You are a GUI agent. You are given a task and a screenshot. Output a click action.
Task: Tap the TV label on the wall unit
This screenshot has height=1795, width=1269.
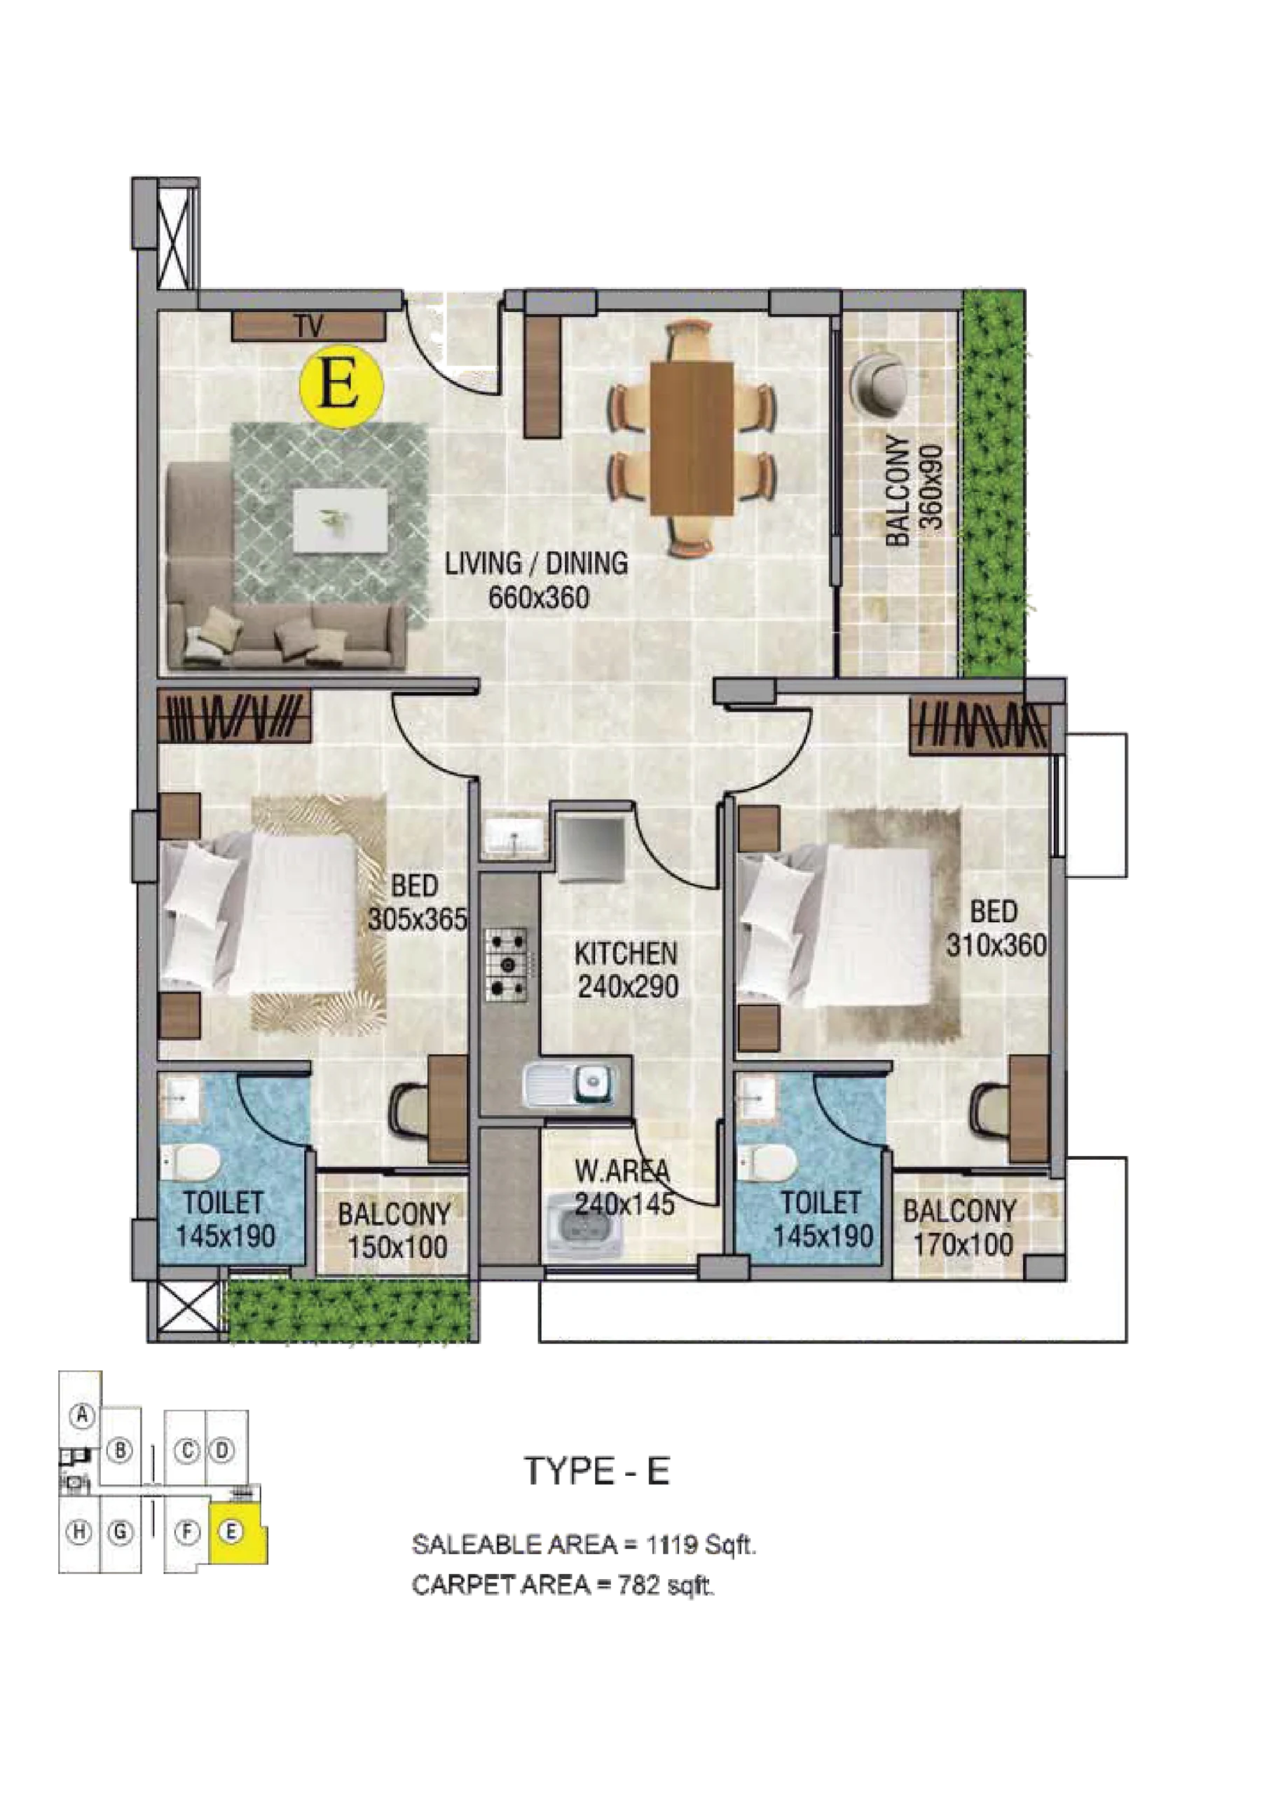pos(310,327)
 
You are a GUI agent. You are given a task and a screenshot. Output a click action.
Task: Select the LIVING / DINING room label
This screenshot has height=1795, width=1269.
pos(536,563)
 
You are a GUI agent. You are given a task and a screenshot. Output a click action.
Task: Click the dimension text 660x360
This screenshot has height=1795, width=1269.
pos(538,598)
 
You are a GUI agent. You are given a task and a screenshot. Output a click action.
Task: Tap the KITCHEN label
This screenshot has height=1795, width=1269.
pos(625,954)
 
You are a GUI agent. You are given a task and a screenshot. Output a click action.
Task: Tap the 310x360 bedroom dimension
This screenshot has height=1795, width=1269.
pos(996,946)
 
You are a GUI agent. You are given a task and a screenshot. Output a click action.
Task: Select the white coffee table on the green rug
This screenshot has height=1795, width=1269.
pos(341,519)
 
